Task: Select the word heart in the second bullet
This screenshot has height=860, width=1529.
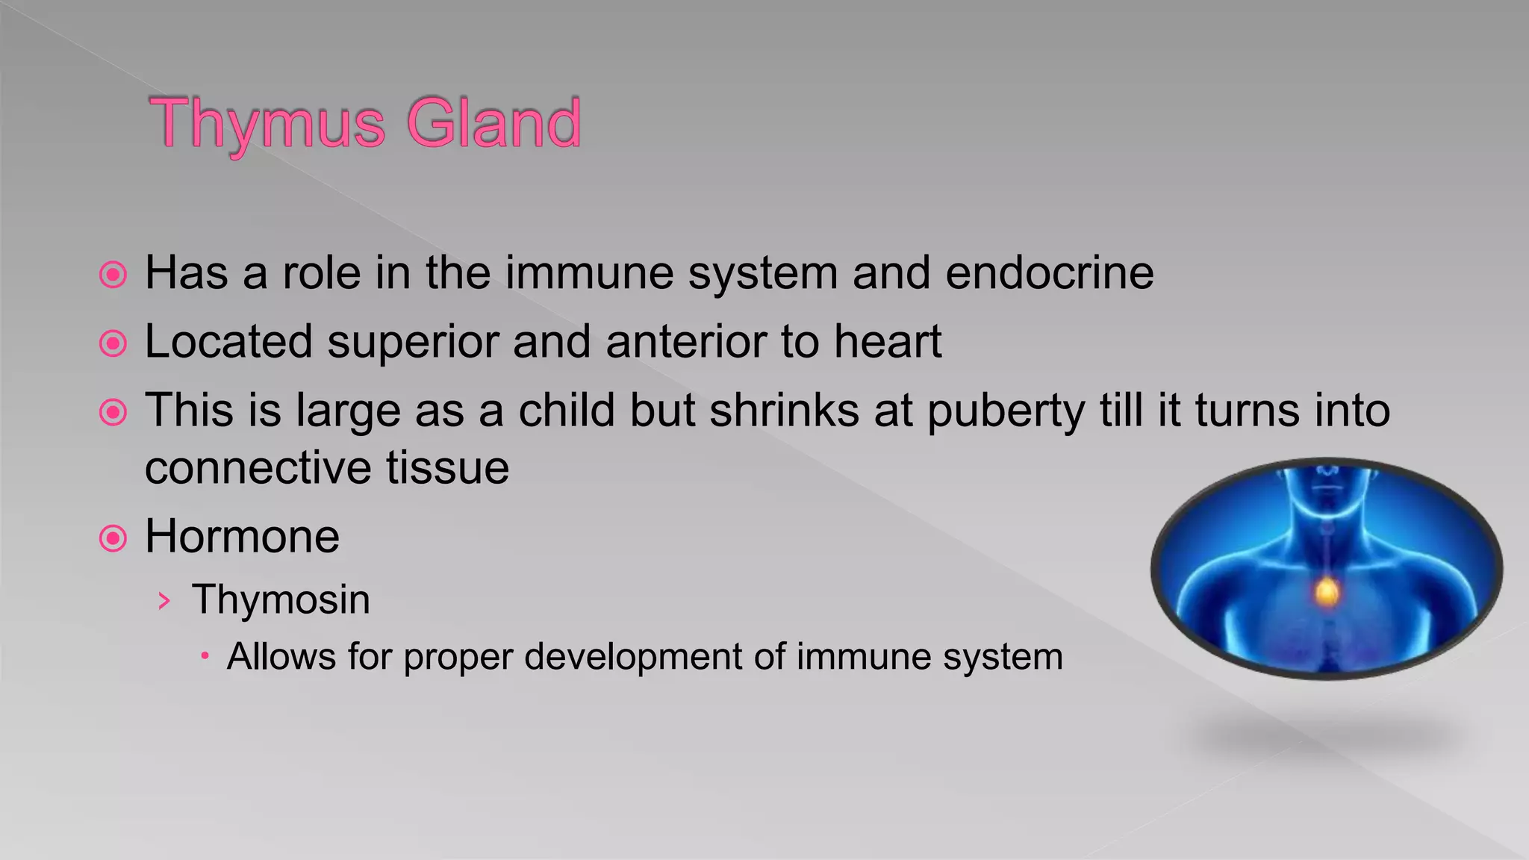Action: click(x=888, y=342)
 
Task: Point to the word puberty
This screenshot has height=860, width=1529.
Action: click(x=1006, y=412)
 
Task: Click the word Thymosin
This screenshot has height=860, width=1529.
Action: click(x=281, y=599)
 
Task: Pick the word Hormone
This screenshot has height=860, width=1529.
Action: click(x=242, y=536)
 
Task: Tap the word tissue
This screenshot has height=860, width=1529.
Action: click(x=447, y=468)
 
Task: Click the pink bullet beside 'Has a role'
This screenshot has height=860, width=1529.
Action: click(x=113, y=275)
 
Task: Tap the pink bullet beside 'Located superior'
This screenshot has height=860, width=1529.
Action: click(x=113, y=343)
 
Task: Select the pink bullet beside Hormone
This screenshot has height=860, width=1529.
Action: click(x=113, y=537)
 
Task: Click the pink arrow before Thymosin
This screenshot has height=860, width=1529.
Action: click(x=165, y=601)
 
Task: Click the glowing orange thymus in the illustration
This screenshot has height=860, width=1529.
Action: click(x=1327, y=592)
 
